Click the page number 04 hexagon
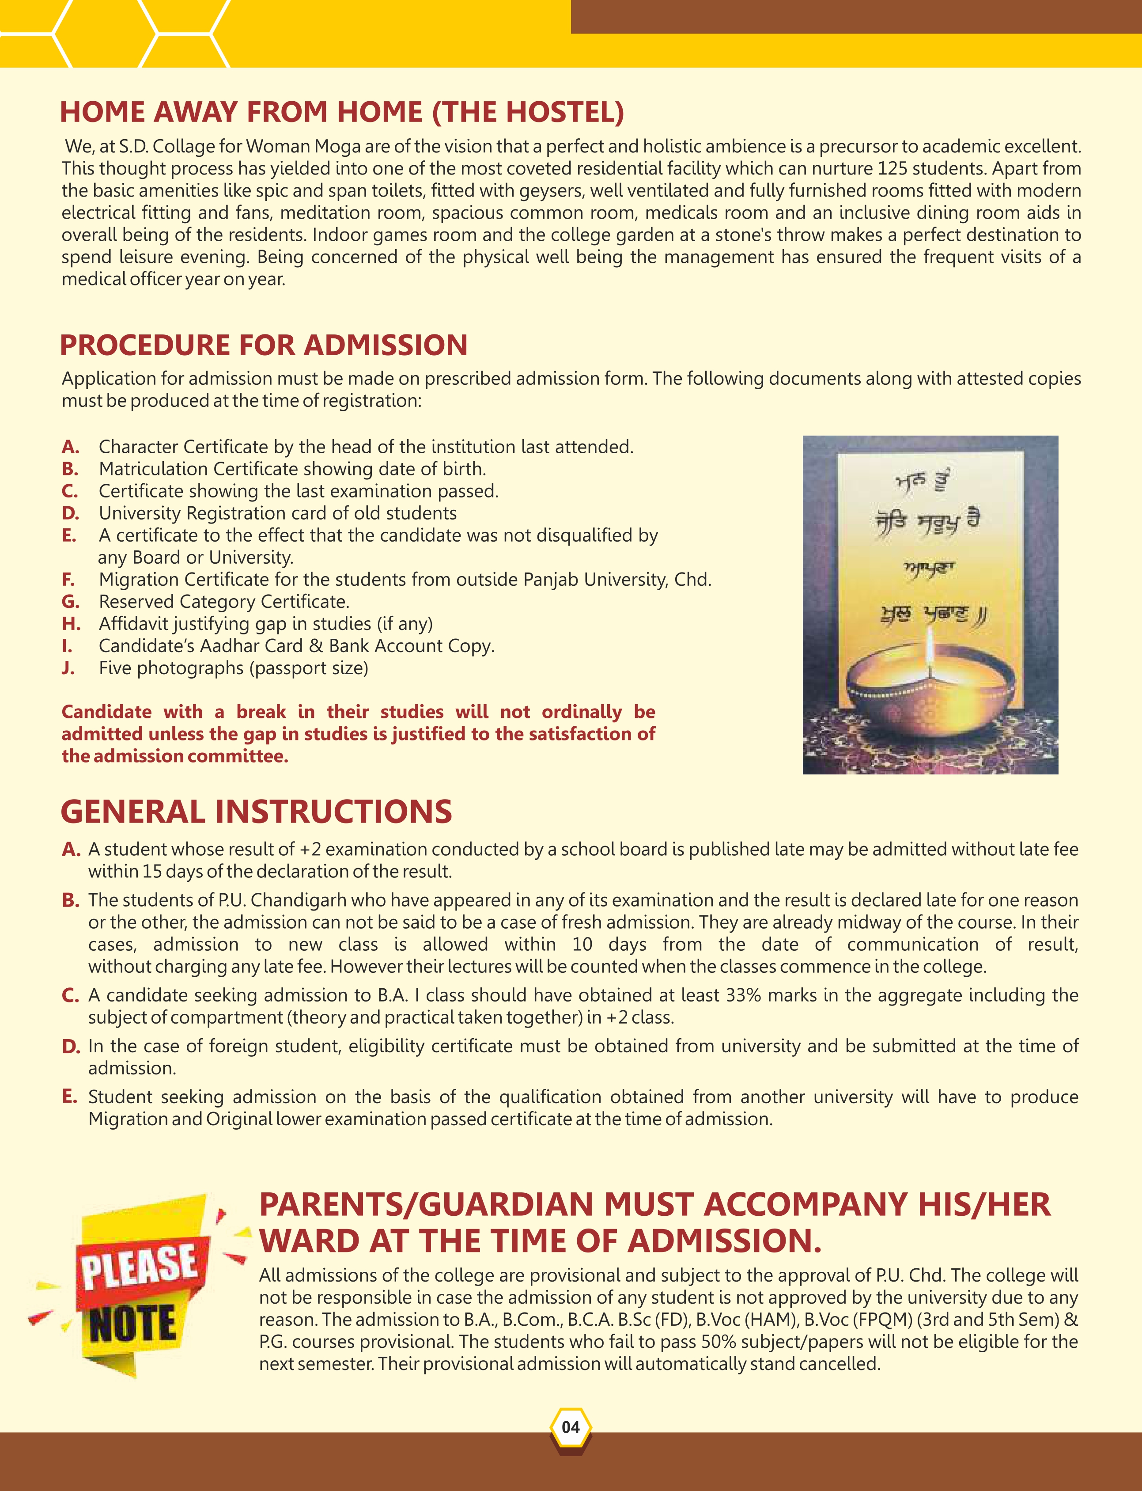[570, 1427]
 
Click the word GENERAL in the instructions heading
[133, 812]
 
